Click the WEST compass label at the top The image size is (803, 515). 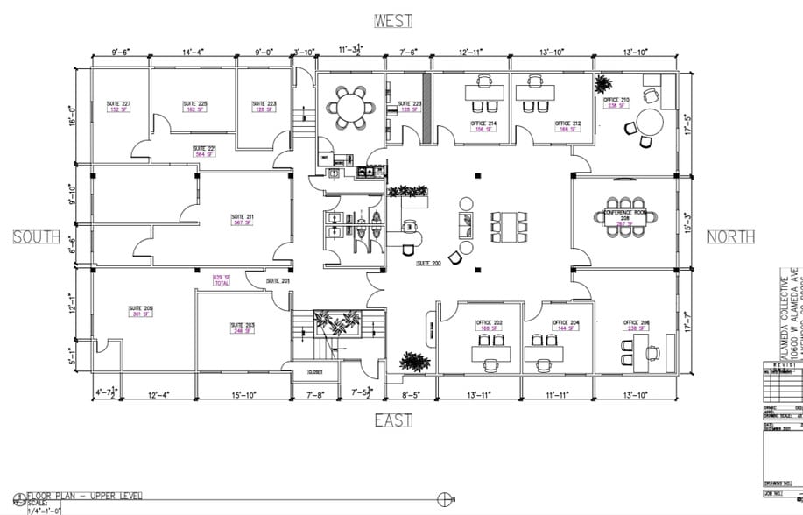(x=393, y=20)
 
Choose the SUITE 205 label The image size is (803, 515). (x=141, y=311)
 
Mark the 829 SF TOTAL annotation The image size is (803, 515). (x=222, y=280)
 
